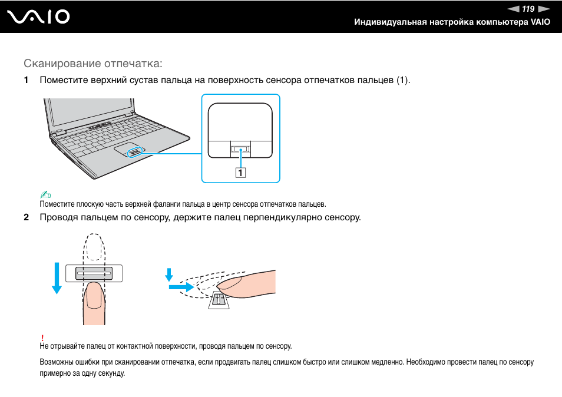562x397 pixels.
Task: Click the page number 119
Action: (528, 9)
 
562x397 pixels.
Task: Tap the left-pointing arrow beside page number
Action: (513, 9)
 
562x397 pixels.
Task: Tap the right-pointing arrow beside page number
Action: (544, 9)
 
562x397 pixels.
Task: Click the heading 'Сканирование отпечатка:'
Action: (93, 63)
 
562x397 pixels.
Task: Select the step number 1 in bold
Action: (26, 80)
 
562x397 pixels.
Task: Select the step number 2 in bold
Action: (26, 217)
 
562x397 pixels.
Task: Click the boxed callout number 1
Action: (241, 173)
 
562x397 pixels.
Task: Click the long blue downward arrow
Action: (57, 277)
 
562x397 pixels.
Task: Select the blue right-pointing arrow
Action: (180, 287)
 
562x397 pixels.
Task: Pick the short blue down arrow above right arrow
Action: (168, 274)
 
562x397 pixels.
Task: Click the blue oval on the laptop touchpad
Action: (134, 152)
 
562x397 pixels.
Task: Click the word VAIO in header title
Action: (541, 22)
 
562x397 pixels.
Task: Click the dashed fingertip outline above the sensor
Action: (94, 247)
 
